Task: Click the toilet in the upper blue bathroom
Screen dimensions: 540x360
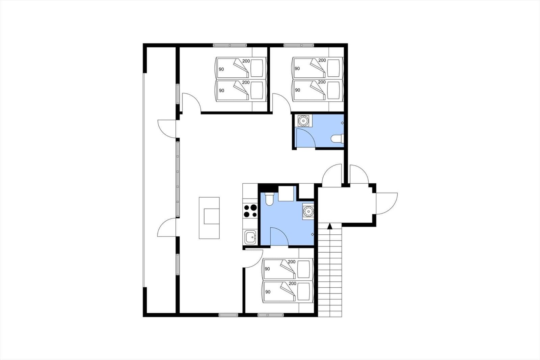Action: click(x=337, y=138)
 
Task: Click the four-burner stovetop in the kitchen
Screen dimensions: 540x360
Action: click(x=250, y=211)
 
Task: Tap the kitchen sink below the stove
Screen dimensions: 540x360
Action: click(x=250, y=237)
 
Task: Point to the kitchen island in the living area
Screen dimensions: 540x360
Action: click(x=209, y=218)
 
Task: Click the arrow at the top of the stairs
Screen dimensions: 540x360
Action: click(x=329, y=226)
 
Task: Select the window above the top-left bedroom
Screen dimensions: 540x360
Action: click(x=230, y=45)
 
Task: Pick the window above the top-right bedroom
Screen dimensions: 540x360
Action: click(x=299, y=45)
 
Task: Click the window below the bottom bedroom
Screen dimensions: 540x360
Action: click(x=270, y=315)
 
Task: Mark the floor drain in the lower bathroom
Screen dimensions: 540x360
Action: click(x=313, y=234)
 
